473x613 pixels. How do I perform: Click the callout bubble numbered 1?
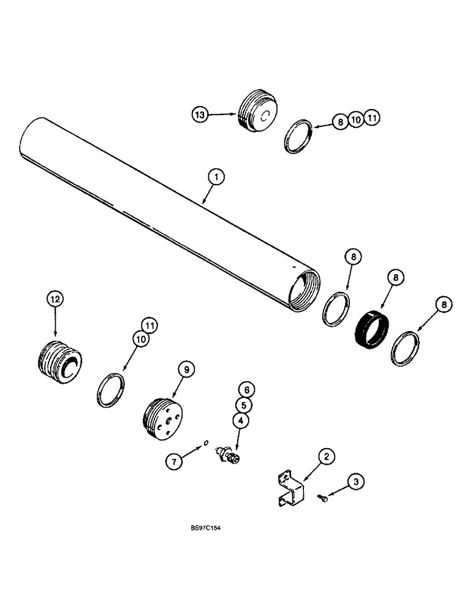pos(216,178)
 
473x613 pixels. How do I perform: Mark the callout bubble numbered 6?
pos(246,389)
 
